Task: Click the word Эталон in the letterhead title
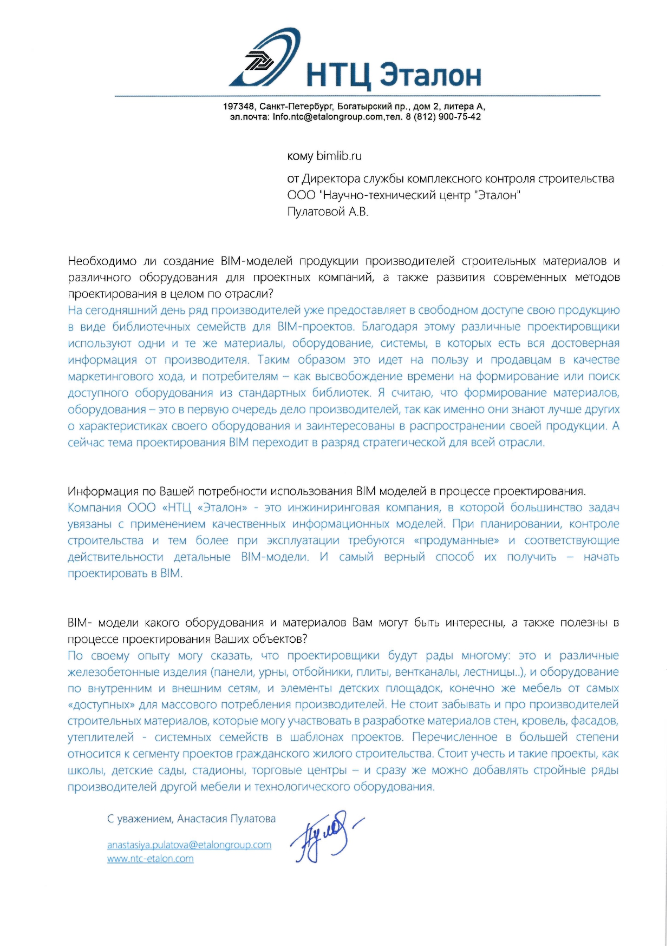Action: point(430,75)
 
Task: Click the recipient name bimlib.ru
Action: point(339,156)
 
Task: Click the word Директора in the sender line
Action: point(331,179)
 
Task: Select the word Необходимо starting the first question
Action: point(102,261)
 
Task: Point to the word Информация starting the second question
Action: point(102,491)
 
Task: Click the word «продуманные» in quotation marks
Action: point(456,541)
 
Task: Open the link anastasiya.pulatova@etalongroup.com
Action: point(189,845)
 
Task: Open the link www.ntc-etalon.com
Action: point(150,859)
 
